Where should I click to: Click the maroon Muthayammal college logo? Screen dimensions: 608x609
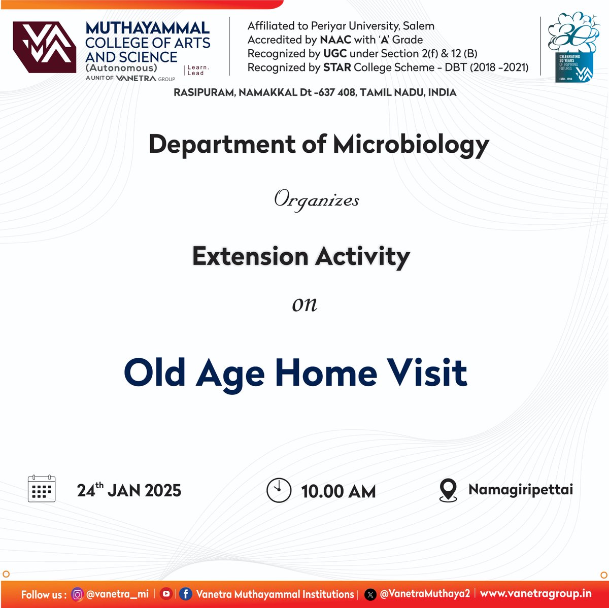coord(45,47)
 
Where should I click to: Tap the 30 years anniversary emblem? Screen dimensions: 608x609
coord(567,47)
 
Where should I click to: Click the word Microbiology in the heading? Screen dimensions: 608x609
coord(411,145)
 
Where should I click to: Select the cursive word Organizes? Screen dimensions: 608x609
coord(317,200)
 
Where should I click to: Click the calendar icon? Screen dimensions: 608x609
coord(42,489)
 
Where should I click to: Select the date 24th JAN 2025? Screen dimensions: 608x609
coord(129,490)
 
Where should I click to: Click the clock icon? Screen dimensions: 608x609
coord(279,490)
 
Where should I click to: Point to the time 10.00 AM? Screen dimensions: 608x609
coord(338,491)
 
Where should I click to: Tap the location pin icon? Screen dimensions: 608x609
coord(448,490)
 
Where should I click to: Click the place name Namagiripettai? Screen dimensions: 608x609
coord(520,490)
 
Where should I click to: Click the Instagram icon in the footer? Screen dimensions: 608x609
coord(78,594)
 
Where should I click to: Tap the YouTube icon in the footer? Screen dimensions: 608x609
coord(165,594)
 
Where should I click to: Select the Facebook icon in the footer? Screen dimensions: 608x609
coord(186,594)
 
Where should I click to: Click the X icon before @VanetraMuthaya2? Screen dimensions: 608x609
coord(370,594)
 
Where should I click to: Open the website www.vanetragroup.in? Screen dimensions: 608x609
coord(535,593)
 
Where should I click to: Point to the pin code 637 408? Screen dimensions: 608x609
coord(337,92)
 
